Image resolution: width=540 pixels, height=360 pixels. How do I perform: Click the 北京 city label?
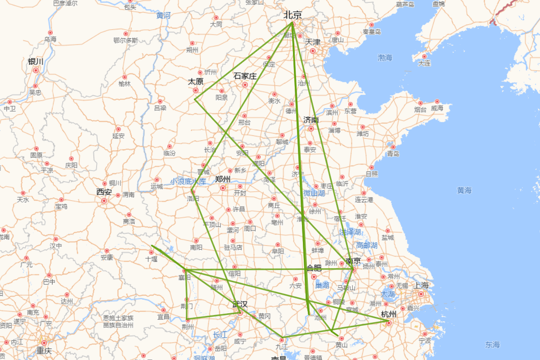292,15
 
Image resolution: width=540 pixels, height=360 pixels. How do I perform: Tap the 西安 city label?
103,192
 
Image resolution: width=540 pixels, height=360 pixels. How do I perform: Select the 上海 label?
422,285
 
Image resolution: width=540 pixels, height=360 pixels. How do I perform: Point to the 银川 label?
36,62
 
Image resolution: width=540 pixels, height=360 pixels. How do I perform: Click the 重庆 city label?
44,351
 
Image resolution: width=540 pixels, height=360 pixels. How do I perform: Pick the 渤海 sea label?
385,58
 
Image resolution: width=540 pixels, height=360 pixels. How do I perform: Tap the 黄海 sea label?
464,191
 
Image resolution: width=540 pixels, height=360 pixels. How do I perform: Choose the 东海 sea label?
492,345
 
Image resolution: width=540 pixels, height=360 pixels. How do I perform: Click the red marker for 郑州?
223,188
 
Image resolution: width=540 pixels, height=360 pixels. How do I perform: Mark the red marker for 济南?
311,129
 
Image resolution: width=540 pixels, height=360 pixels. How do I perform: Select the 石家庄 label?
245,76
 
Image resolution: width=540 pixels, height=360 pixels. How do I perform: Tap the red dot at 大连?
424,57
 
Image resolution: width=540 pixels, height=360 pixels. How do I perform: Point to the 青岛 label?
393,153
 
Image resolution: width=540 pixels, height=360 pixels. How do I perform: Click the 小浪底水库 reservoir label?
188,181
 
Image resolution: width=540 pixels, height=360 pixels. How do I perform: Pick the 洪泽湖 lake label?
350,232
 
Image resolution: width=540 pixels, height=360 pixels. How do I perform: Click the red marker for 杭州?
388,323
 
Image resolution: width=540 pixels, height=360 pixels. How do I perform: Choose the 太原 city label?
196,81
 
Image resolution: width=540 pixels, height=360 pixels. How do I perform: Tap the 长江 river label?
220,335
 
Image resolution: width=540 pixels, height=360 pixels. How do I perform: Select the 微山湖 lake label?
314,193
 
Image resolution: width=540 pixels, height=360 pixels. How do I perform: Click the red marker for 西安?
104,201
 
